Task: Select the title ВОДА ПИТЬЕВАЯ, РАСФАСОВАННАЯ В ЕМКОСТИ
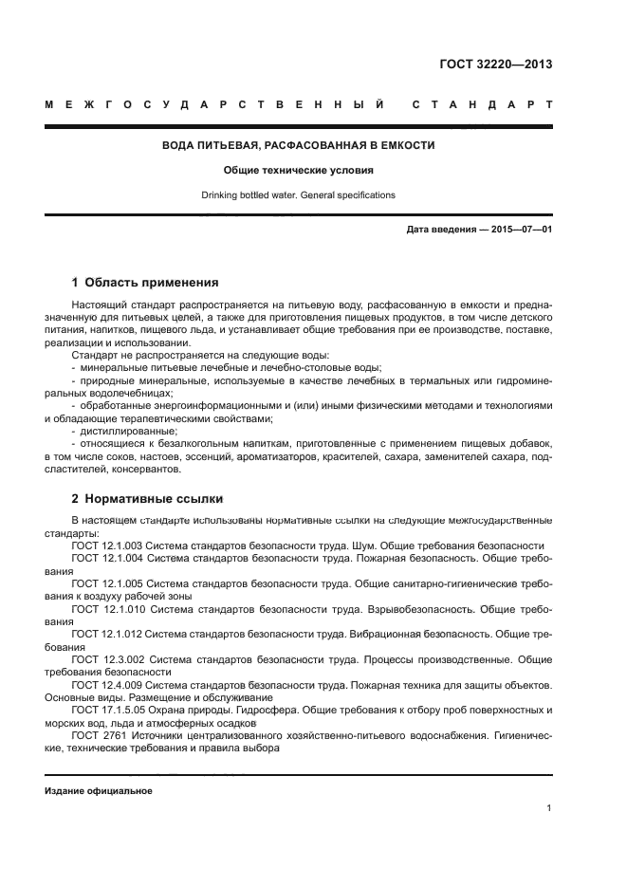tap(299, 146)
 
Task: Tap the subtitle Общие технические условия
tap(298, 171)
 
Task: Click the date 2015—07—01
tap(521, 230)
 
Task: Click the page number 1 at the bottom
tap(549, 808)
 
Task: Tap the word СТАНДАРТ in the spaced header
tap(482, 103)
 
